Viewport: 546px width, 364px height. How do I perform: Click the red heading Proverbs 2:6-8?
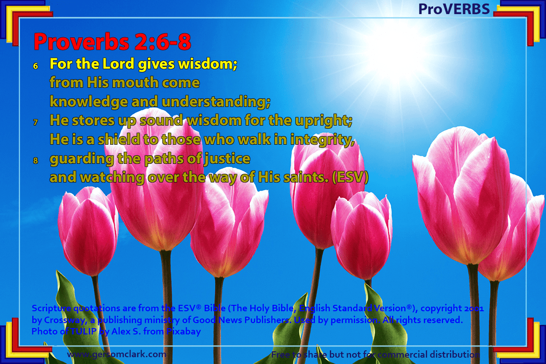[x=112, y=41]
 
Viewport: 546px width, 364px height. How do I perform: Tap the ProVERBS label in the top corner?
[x=454, y=9]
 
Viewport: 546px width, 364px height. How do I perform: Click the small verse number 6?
[x=35, y=66]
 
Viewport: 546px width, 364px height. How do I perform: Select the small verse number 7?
[x=35, y=122]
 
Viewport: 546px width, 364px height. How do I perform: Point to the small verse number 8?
[x=35, y=161]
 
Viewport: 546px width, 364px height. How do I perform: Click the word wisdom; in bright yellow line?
[x=207, y=64]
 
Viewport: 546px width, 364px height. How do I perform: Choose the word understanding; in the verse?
[x=216, y=102]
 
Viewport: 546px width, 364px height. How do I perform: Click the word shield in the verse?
[x=119, y=139]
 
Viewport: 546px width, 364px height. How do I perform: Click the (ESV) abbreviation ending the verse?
[x=350, y=177]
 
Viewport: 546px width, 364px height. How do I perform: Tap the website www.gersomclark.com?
[x=116, y=354]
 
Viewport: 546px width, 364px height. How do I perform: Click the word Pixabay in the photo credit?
[x=183, y=332]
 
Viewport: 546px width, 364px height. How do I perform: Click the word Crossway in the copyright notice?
[x=66, y=320]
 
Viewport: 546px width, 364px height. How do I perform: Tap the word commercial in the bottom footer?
[x=402, y=354]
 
